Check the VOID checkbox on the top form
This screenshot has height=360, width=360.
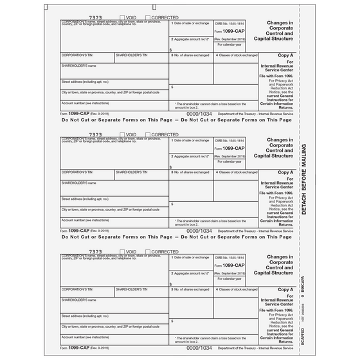pyautogui.click(x=123, y=18)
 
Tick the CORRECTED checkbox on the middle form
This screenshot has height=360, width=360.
pyautogui.click(x=148, y=135)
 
